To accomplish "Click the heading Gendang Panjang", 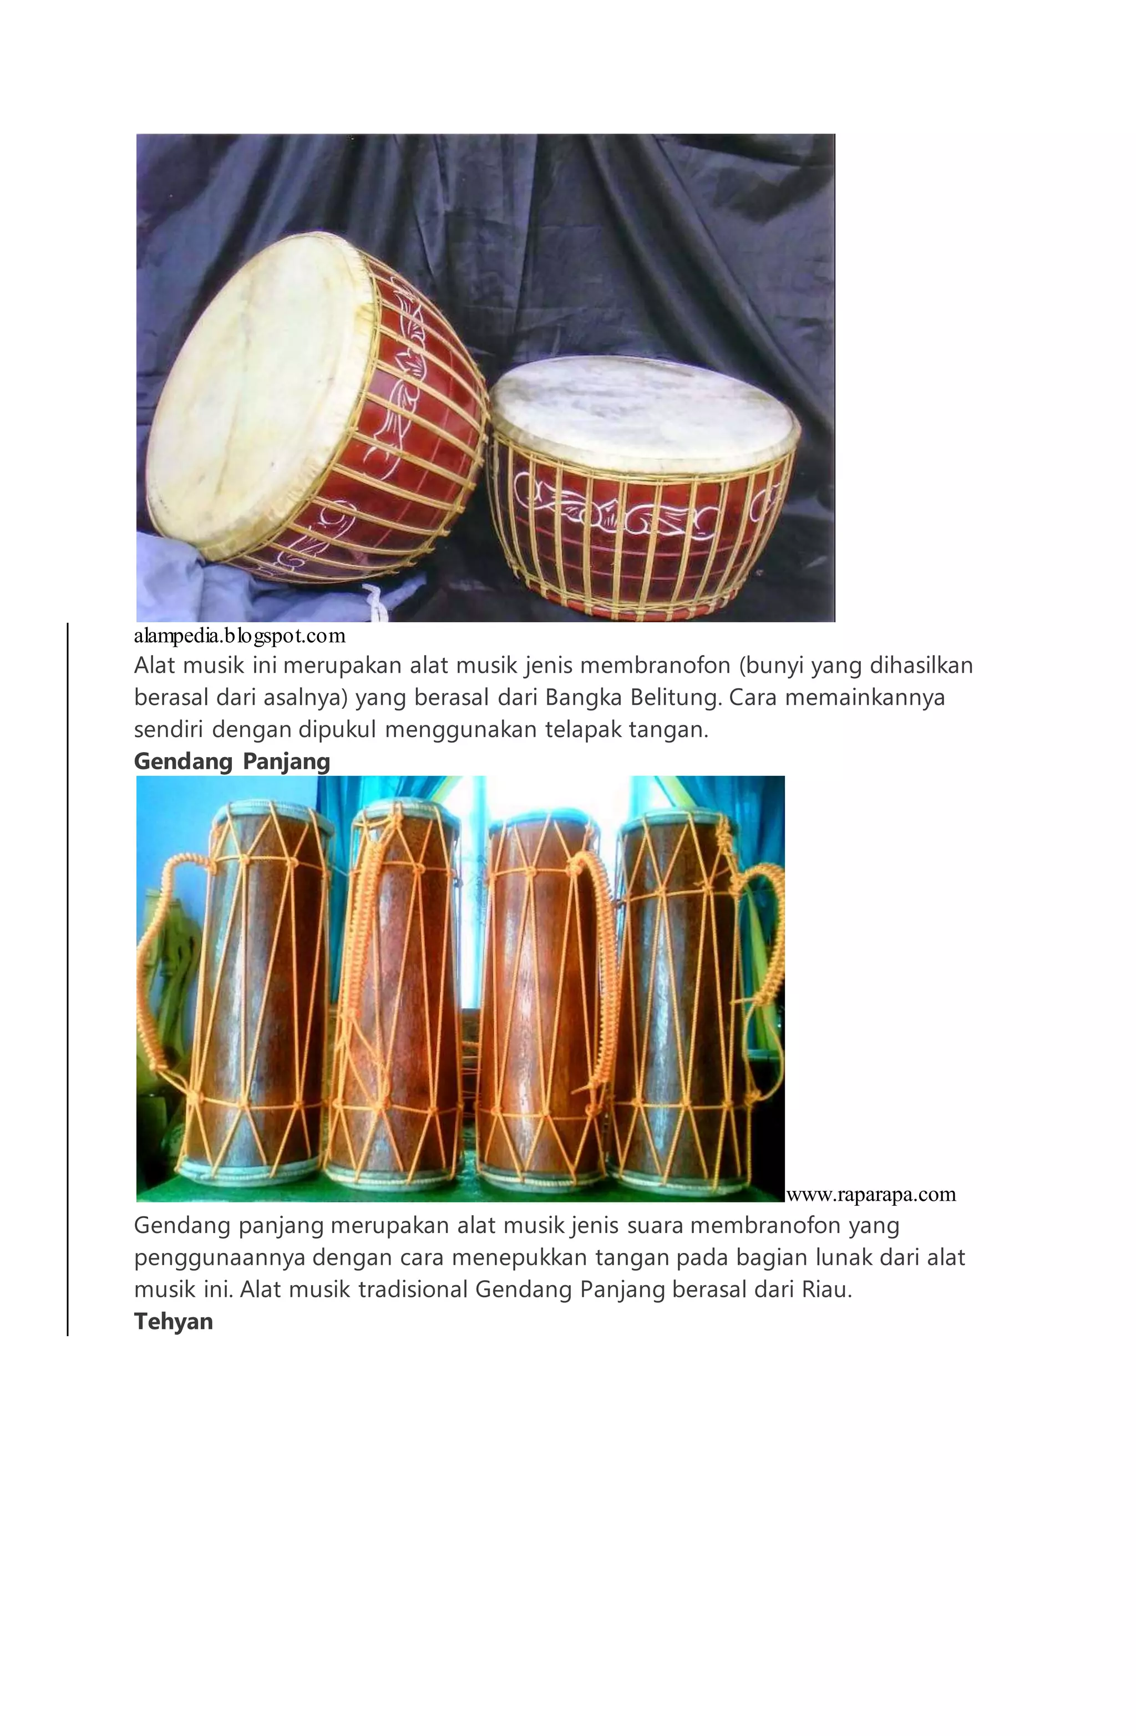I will pos(232,762).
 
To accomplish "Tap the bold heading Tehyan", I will pos(173,1321).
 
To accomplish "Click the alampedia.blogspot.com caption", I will pos(239,636).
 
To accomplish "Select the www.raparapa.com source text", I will pos(870,1194).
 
